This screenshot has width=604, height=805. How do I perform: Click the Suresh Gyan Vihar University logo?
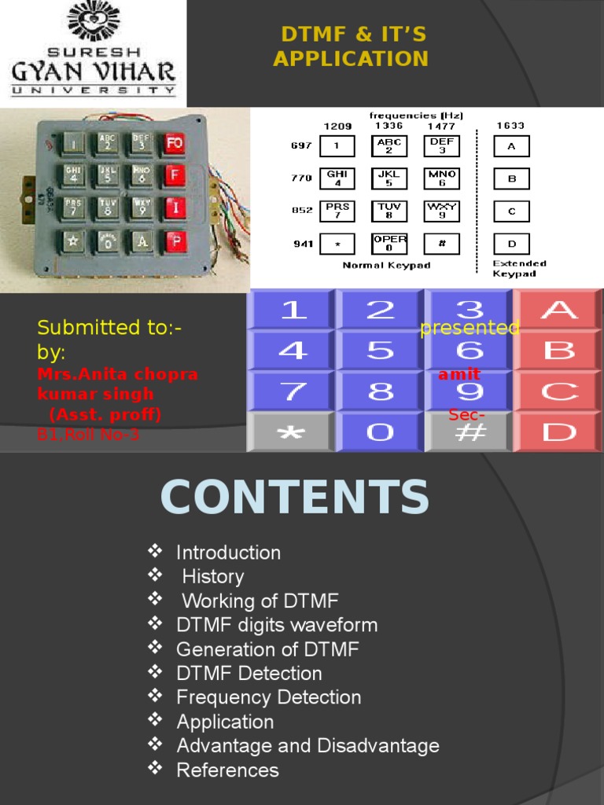pyautogui.click(x=93, y=50)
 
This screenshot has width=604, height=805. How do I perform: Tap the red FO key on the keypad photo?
pyautogui.click(x=174, y=143)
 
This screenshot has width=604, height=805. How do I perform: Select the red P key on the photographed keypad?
pyautogui.click(x=176, y=241)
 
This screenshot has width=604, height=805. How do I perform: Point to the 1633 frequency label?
pyautogui.click(x=510, y=126)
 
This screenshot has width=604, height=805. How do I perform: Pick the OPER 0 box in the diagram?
pyautogui.click(x=389, y=244)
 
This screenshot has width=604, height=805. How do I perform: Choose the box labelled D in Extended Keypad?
pyautogui.click(x=511, y=244)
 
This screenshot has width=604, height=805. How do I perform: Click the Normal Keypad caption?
pyautogui.click(x=386, y=266)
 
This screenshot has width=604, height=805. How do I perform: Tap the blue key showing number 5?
pyautogui.click(x=381, y=351)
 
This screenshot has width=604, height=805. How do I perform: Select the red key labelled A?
pyautogui.click(x=558, y=310)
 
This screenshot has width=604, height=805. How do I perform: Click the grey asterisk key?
pyautogui.click(x=291, y=432)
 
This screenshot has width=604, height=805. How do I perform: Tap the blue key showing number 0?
pyautogui.click(x=381, y=432)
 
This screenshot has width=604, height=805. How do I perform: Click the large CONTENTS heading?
pyautogui.click(x=295, y=498)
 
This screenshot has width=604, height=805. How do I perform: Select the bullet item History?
pyautogui.click(x=213, y=577)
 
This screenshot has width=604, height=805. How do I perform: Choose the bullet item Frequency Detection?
pyautogui.click(x=268, y=697)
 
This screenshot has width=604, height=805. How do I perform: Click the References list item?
pyautogui.click(x=227, y=770)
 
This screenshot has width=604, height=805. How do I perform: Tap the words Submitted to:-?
pyautogui.click(x=110, y=327)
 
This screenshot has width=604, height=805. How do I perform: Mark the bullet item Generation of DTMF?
pyautogui.click(x=267, y=649)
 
